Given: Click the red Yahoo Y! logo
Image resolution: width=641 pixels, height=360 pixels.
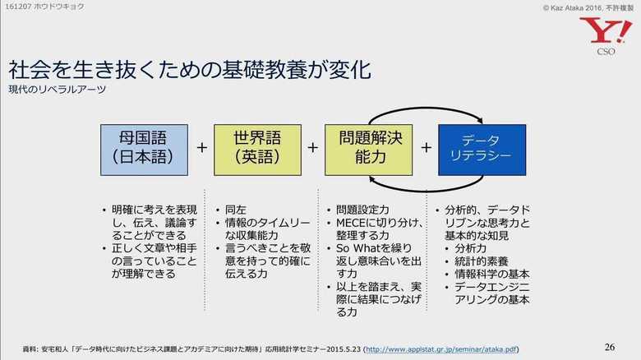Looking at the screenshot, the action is [x=606, y=30].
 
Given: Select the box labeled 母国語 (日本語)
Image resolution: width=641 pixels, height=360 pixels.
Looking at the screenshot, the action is [x=145, y=150].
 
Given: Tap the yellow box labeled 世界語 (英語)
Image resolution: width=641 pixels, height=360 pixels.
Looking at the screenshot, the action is [x=257, y=150].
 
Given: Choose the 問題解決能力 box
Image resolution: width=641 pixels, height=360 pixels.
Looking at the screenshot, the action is [x=369, y=150].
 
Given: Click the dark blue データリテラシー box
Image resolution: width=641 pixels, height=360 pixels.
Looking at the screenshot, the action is [x=482, y=150].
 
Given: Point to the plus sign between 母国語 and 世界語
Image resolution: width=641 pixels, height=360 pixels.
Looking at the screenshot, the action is [x=201, y=147].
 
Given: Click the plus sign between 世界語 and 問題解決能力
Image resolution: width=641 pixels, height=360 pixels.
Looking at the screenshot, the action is [x=313, y=147].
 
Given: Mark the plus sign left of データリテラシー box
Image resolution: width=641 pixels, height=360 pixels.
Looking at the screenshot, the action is [x=426, y=147].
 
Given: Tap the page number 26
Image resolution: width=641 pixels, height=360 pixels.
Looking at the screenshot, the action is [x=610, y=347].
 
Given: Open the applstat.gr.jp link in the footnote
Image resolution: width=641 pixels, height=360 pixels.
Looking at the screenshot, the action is [x=441, y=349].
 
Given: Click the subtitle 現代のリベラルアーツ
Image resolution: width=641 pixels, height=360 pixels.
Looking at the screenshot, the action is [x=58, y=90].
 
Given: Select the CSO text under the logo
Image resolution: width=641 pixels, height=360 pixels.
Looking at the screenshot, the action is [x=606, y=52].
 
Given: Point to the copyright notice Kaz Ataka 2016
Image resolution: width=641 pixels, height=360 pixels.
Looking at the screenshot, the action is [x=588, y=7].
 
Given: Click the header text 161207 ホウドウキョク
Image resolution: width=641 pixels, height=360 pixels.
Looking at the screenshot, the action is [x=44, y=7].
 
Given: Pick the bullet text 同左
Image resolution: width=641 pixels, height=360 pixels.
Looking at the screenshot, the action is [x=236, y=210].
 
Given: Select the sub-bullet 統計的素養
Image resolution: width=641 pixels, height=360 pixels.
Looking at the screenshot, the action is [x=482, y=261].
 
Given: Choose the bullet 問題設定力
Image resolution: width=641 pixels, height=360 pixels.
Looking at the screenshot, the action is [x=362, y=210].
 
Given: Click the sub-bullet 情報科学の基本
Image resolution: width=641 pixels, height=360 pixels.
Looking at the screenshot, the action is [x=492, y=274].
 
